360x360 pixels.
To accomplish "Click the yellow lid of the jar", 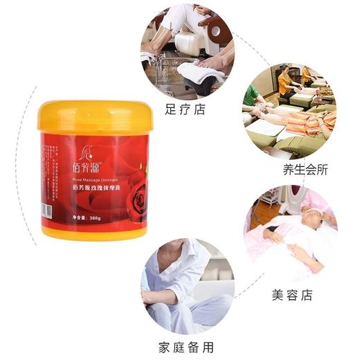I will point(95,117).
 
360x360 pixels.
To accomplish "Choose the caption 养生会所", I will point(305,170).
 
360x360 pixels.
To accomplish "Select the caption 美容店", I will point(291,296).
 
